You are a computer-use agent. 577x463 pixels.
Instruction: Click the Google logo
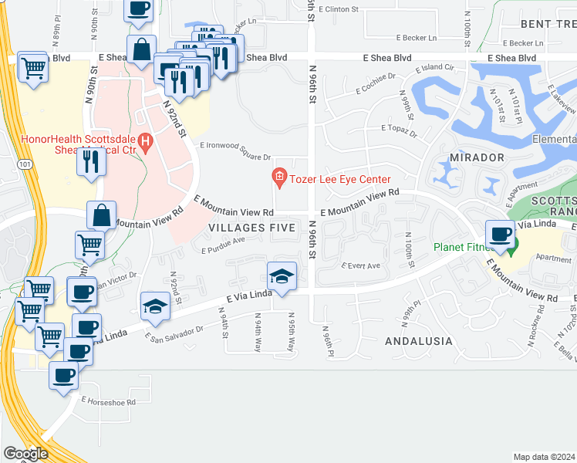[26, 454]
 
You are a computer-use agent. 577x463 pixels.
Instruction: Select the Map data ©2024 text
[545, 457]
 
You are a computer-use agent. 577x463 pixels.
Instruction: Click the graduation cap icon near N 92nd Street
[155, 306]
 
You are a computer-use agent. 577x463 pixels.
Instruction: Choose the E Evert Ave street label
[361, 266]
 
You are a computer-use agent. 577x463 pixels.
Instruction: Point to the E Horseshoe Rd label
[108, 401]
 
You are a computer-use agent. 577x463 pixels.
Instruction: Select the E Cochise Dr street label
[376, 83]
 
